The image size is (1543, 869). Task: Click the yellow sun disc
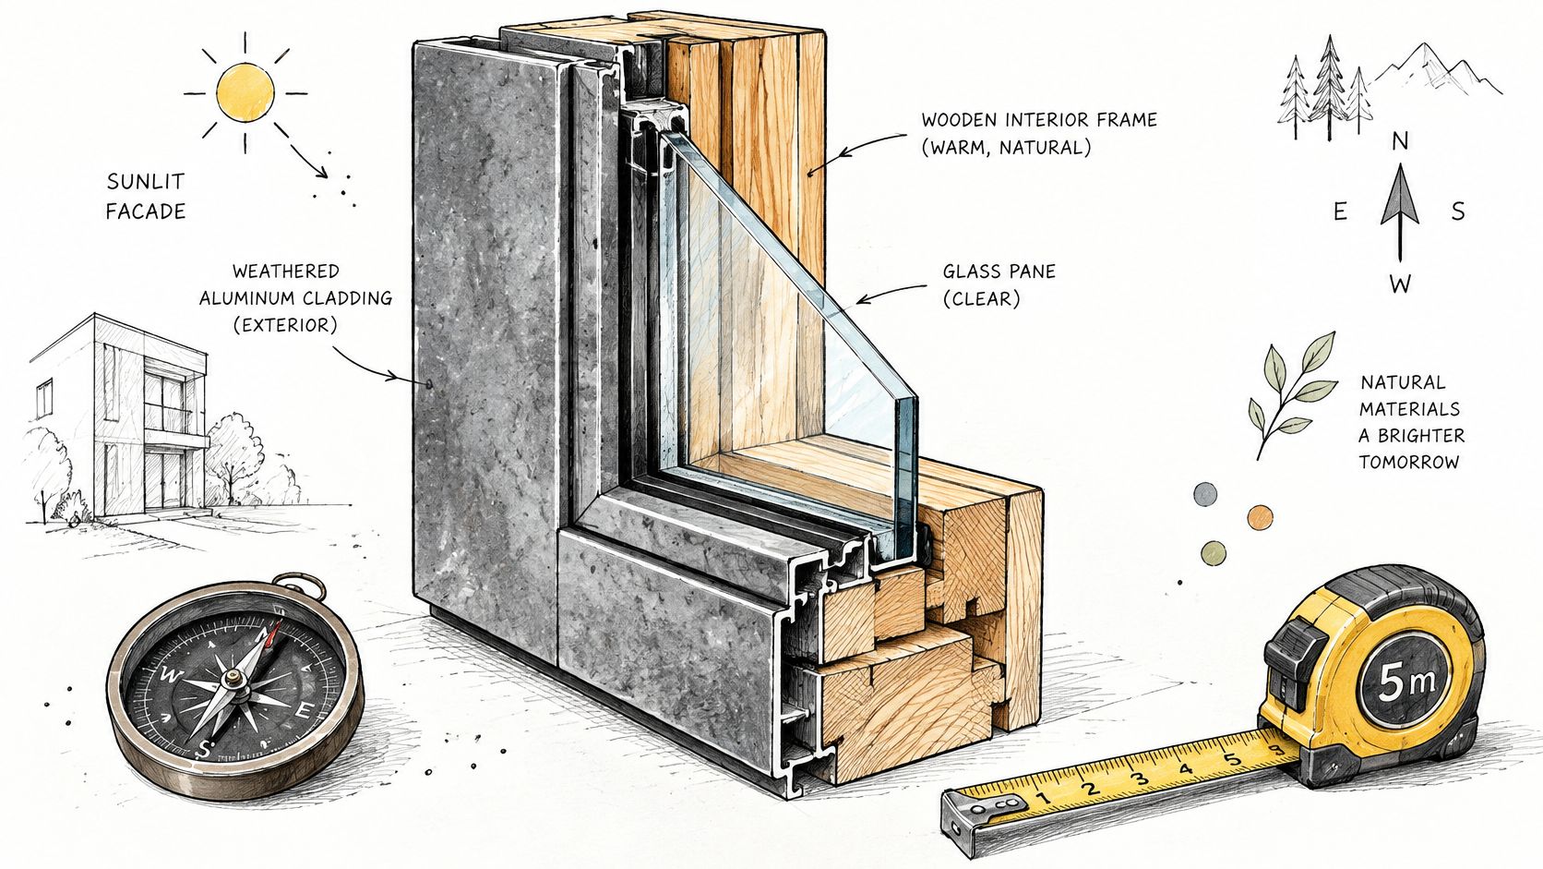tap(245, 92)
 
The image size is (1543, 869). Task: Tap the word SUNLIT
tap(146, 182)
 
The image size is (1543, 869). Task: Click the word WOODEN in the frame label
tap(960, 120)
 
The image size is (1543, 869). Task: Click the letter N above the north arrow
tap(1400, 141)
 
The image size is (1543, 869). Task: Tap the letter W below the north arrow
tap(1400, 284)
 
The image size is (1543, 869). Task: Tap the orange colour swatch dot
tap(1260, 517)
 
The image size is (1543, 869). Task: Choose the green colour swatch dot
tap(1213, 552)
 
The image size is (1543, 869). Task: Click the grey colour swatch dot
tap(1205, 493)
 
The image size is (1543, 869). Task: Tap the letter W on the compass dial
tap(168, 675)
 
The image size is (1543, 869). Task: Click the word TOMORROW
tap(1408, 463)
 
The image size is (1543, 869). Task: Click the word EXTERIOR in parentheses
tap(285, 325)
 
